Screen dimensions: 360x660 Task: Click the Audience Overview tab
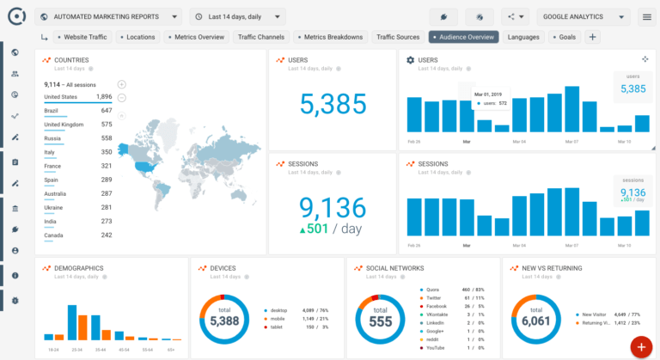click(x=464, y=37)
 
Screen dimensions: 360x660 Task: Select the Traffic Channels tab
click(x=261, y=37)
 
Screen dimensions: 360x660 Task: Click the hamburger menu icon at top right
click(x=646, y=16)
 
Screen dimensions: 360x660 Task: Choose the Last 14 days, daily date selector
click(x=237, y=16)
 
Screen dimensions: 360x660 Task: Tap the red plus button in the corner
click(x=640, y=345)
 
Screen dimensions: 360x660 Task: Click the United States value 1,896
click(x=103, y=97)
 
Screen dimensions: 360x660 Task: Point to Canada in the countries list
click(x=54, y=235)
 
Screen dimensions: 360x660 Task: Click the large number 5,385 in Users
click(x=333, y=103)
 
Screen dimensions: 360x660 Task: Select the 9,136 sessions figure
click(x=333, y=207)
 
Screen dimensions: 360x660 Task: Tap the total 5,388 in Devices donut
click(x=224, y=320)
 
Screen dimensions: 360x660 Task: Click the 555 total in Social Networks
click(x=381, y=320)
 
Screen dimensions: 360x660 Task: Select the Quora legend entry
click(x=434, y=290)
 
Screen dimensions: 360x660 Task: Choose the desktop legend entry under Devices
click(x=279, y=310)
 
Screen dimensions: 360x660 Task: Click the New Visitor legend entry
click(x=594, y=314)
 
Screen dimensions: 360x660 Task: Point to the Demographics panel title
click(x=78, y=268)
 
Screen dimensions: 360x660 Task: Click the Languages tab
click(x=523, y=37)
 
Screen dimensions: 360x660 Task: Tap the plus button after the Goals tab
click(x=592, y=37)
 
